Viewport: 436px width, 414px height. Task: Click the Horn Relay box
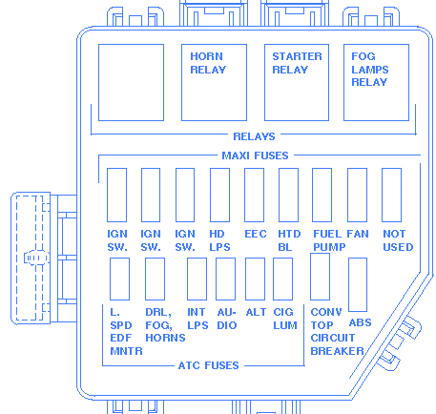214,82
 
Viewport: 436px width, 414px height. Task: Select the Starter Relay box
297,82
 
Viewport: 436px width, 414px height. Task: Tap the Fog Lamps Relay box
376,82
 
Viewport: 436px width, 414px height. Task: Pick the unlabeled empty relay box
131,82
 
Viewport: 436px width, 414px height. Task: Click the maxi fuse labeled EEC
254,195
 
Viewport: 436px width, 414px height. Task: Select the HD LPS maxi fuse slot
219,195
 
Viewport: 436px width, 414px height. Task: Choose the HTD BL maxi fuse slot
288,195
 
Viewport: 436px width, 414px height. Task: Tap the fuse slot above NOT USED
391,195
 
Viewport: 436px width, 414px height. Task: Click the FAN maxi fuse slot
357,195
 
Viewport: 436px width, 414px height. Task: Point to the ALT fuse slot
255,279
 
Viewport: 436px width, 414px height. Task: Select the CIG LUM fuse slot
282,279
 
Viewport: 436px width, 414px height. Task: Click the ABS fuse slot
358,284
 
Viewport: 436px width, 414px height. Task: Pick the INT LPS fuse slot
197,279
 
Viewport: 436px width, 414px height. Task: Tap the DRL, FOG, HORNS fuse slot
155,279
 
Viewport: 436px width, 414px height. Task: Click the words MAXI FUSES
255,155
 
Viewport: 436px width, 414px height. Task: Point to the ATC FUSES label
209,365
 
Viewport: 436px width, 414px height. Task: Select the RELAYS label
254,136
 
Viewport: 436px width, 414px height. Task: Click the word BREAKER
337,351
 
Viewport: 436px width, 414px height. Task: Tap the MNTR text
126,351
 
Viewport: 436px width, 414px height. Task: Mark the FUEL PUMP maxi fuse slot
322,195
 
